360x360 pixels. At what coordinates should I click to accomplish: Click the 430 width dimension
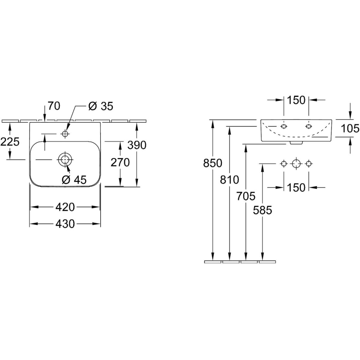65,223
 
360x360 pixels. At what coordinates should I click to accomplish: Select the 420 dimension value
65,207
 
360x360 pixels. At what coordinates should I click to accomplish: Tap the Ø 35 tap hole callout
101,106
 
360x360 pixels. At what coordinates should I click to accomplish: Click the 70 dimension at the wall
54,106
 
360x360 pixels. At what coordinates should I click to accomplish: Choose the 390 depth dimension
137,145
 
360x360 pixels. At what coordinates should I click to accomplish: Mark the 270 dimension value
120,162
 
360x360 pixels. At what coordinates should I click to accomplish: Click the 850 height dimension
213,163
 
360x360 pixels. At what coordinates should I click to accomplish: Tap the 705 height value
246,196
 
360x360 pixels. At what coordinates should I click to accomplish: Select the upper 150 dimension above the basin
296,100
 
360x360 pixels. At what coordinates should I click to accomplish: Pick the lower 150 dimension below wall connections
296,187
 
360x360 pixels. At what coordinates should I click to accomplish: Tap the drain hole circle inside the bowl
65,159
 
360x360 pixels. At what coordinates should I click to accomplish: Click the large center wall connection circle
296,163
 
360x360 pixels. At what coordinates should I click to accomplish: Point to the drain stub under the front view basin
296,143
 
